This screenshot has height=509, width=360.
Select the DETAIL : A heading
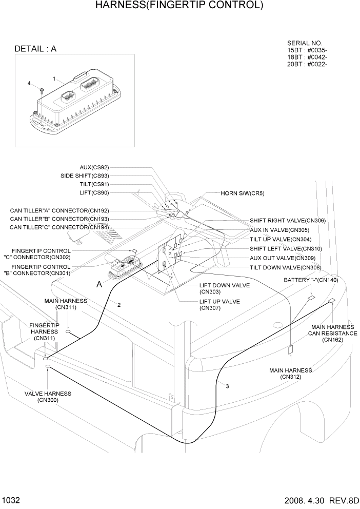click(35, 49)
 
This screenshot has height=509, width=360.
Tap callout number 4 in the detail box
click(29, 83)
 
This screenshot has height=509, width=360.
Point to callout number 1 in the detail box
click(54, 79)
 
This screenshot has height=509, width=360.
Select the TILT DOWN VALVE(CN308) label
click(285, 267)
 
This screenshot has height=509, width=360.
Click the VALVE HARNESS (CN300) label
click(48, 397)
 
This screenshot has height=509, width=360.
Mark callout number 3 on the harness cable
click(227, 386)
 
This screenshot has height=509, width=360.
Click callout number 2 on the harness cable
click(119, 305)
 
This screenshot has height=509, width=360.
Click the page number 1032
click(11, 499)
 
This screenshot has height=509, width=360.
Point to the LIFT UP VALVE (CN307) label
click(219, 305)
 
